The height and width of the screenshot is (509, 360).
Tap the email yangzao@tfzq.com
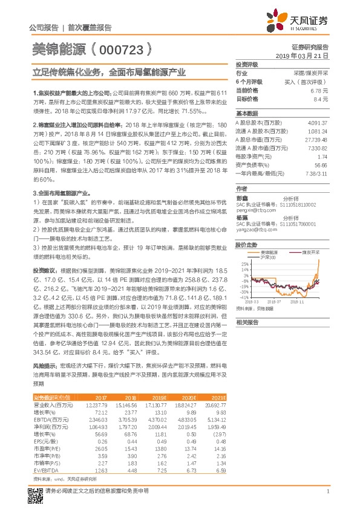point(254,230)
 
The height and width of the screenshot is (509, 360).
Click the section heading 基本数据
point(246,114)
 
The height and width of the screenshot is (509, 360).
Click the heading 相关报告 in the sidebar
point(246,322)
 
